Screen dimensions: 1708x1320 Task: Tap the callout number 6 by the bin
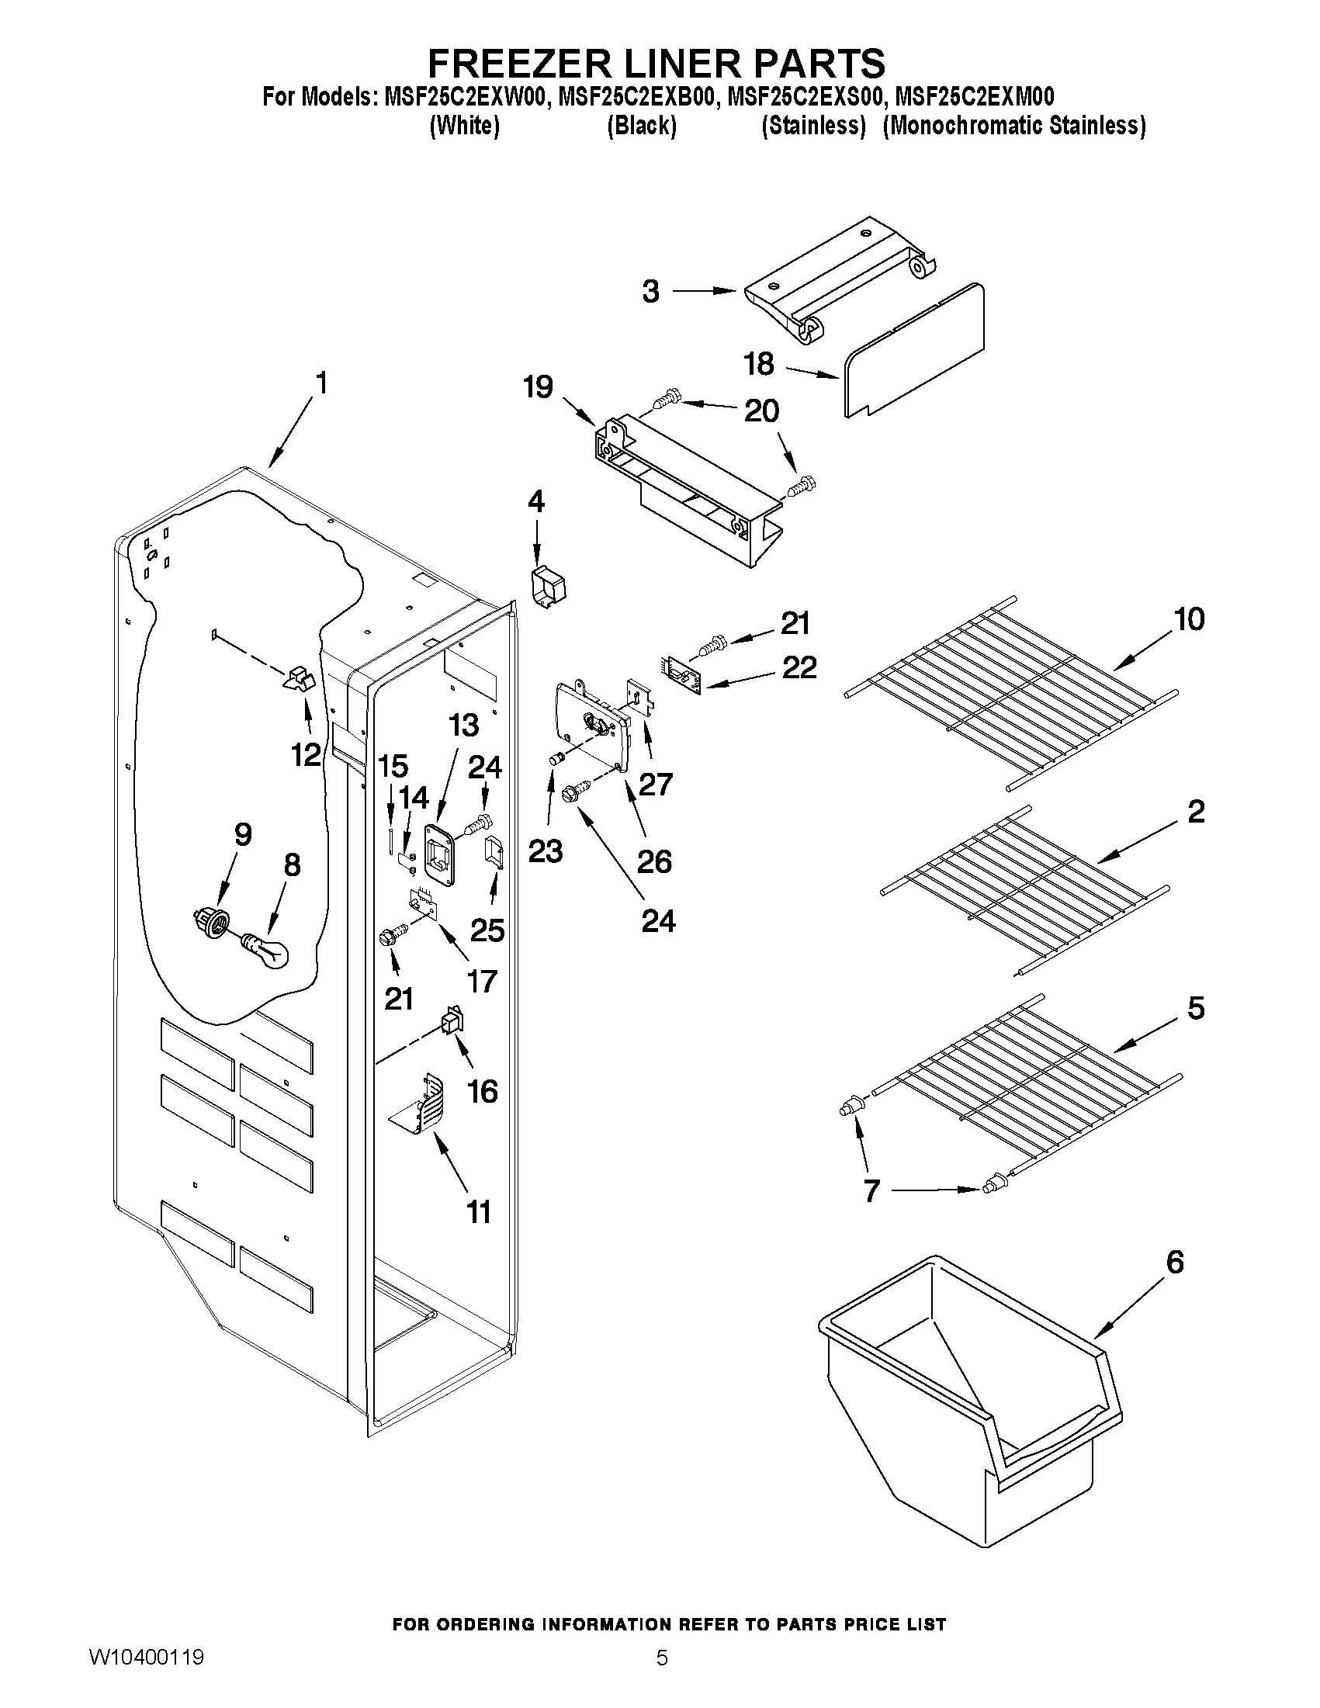(1175, 1262)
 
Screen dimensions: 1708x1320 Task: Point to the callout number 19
(538, 387)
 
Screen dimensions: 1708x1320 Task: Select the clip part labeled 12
(297, 678)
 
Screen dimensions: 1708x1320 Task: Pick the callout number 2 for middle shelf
(1196, 812)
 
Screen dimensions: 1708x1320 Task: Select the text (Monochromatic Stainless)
(1014, 126)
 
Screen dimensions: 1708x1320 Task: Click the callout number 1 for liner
(320, 383)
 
